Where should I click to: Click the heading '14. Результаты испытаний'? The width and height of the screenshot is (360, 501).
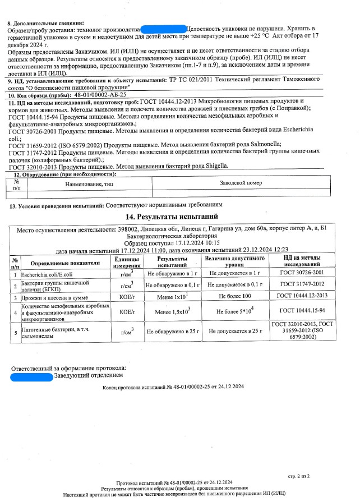tap(180, 217)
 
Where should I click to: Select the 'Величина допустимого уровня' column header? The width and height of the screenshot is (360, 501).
tap(234, 261)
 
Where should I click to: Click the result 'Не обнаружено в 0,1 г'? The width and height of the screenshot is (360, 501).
tap(173, 285)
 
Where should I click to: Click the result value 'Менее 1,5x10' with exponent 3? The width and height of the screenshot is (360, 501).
tap(172, 311)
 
